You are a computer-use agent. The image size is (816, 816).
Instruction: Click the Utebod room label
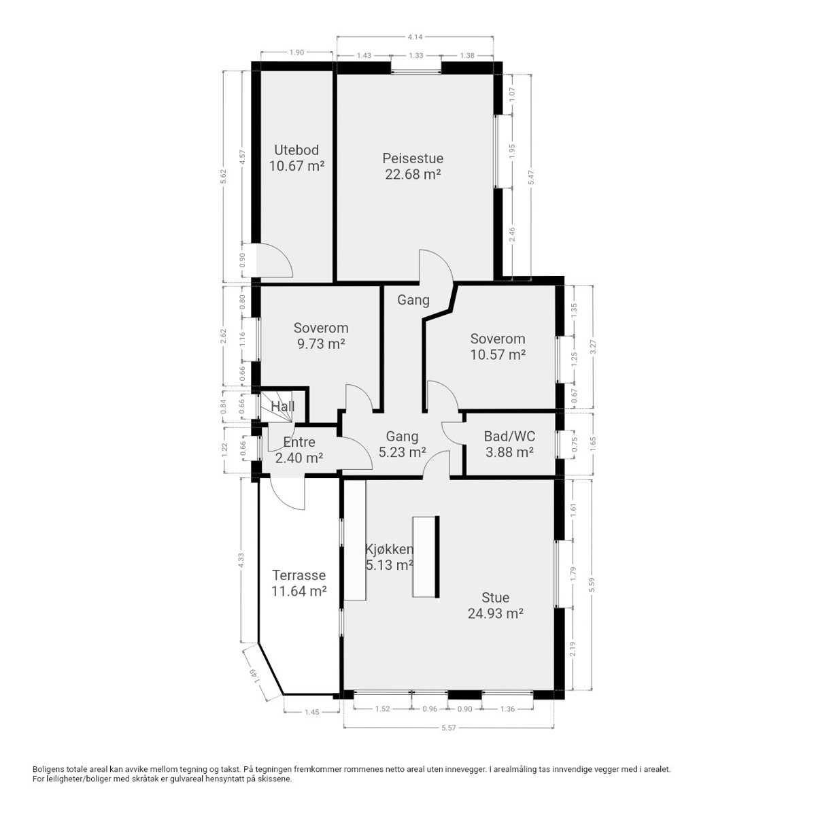(x=296, y=158)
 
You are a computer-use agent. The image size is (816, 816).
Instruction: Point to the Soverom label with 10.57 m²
(x=498, y=346)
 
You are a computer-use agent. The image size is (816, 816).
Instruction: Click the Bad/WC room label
(x=509, y=444)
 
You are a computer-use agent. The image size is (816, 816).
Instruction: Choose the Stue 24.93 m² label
(x=495, y=605)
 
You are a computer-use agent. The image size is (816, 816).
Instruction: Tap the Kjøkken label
(x=389, y=557)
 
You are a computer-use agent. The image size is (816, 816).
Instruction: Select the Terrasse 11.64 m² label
(x=299, y=583)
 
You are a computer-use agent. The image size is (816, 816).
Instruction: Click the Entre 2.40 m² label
(x=299, y=450)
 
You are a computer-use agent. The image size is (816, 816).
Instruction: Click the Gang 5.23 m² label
(x=402, y=444)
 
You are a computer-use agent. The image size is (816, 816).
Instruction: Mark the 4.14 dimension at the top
(x=415, y=36)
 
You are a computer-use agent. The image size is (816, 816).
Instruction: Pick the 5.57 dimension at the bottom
(x=447, y=728)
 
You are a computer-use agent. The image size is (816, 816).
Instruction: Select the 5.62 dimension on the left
(x=222, y=177)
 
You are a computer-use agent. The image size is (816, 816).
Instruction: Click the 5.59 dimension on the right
(x=592, y=585)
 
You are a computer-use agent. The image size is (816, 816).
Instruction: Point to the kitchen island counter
(x=425, y=557)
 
